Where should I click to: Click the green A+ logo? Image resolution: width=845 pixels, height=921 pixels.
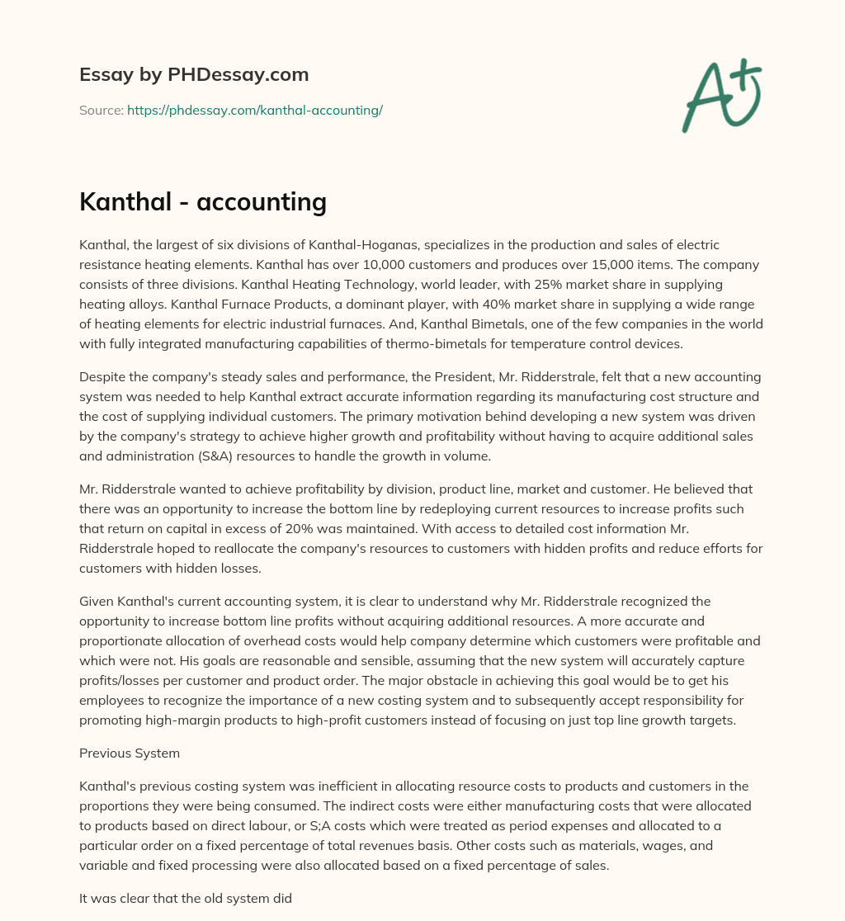tap(721, 95)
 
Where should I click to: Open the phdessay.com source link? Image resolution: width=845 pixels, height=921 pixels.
tap(254, 110)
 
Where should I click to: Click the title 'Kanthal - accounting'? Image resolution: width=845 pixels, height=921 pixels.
tap(203, 201)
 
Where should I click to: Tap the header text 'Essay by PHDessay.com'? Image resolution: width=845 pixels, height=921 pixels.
tap(194, 74)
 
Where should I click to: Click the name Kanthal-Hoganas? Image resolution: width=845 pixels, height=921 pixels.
tap(338, 246)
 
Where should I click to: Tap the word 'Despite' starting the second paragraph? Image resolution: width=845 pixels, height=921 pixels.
tap(101, 376)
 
